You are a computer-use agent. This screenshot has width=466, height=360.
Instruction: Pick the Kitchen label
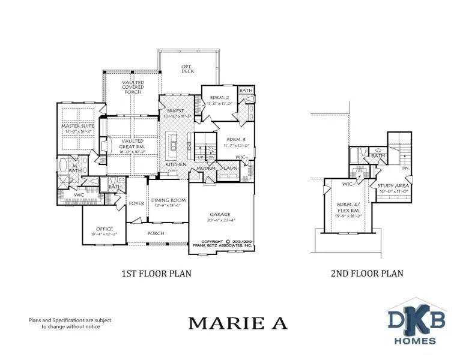point(176,164)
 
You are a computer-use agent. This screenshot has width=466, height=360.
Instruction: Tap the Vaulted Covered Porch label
point(132,88)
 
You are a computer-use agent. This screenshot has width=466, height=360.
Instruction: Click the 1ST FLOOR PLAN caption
point(156,274)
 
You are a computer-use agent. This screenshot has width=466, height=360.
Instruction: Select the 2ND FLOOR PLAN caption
point(366,274)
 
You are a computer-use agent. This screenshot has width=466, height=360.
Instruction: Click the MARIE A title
point(238,323)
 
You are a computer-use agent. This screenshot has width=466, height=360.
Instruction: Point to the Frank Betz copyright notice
point(222,244)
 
